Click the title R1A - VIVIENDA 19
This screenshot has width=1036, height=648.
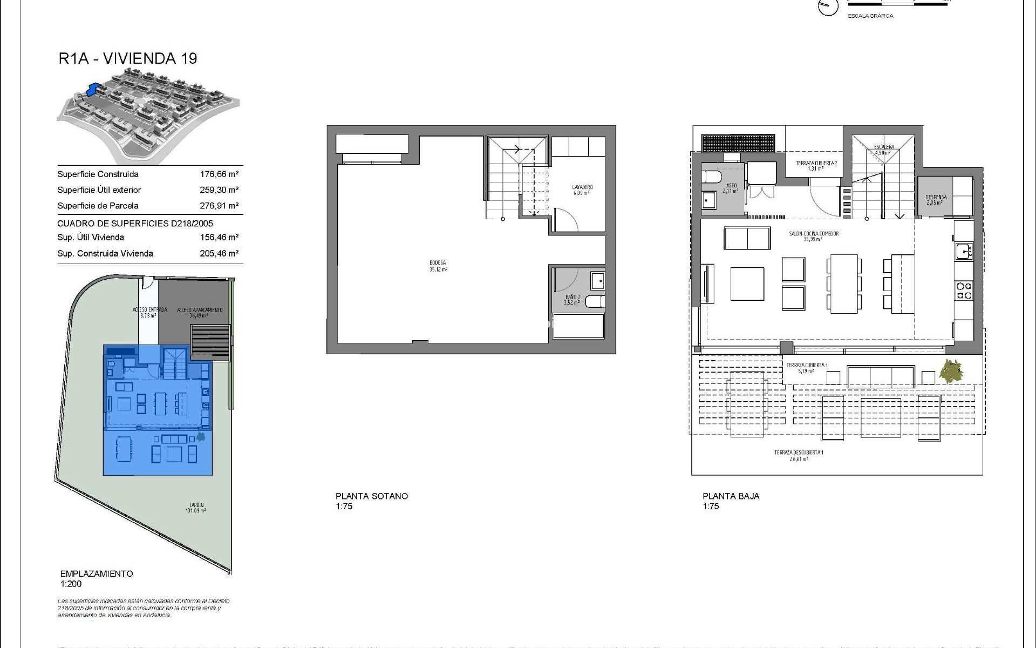pyautogui.click(x=128, y=58)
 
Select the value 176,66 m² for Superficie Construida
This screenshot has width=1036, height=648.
pyautogui.click(x=219, y=174)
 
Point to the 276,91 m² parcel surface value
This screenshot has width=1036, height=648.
pyautogui.click(x=219, y=206)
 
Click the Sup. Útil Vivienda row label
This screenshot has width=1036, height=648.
pyautogui.click(x=91, y=237)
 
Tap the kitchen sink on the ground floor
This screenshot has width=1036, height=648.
pyautogui.click(x=963, y=251)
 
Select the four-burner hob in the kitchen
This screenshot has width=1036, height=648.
pyautogui.click(x=964, y=291)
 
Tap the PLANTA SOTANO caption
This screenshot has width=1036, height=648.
pyautogui.click(x=372, y=496)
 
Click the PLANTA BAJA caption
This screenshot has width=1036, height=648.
pyautogui.click(x=731, y=496)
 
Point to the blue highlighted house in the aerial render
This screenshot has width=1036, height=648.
pyautogui.click(x=94, y=87)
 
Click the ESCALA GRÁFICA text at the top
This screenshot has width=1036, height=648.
pyautogui.click(x=870, y=16)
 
